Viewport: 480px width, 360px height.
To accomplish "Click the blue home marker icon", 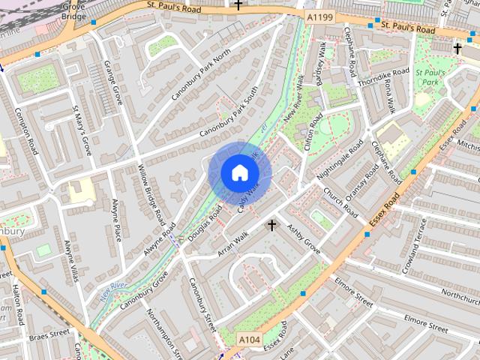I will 239,173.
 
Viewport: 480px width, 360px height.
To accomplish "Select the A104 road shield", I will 250,340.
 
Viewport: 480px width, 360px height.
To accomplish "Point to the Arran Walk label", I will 232,244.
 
